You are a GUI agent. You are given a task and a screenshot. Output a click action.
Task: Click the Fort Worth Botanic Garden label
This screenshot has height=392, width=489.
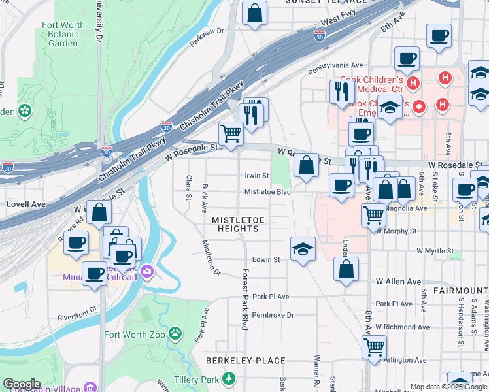[x=63, y=34]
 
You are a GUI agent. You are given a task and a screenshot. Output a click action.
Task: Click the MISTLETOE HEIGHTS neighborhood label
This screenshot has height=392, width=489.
[x=235, y=223]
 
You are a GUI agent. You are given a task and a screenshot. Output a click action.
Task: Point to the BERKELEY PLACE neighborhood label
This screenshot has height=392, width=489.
[x=245, y=361]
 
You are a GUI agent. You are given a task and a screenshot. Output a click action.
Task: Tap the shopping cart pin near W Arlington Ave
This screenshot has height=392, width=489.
[x=374, y=346]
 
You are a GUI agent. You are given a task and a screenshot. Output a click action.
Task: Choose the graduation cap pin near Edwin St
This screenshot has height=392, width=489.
[x=303, y=249]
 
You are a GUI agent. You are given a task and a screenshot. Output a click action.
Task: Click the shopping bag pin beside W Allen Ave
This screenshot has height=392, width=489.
[x=346, y=269]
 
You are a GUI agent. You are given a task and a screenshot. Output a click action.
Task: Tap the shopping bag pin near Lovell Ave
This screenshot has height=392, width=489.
[x=99, y=212]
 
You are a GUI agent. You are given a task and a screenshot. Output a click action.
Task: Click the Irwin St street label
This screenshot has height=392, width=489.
[x=256, y=176]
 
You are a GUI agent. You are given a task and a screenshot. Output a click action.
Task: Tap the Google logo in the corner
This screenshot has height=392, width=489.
[x=22, y=384]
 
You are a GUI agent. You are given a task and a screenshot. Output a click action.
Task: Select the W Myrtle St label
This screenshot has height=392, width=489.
[x=435, y=251]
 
